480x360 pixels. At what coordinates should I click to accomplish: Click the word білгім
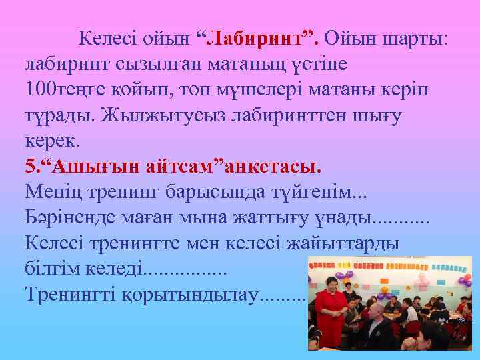tap(53, 269)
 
